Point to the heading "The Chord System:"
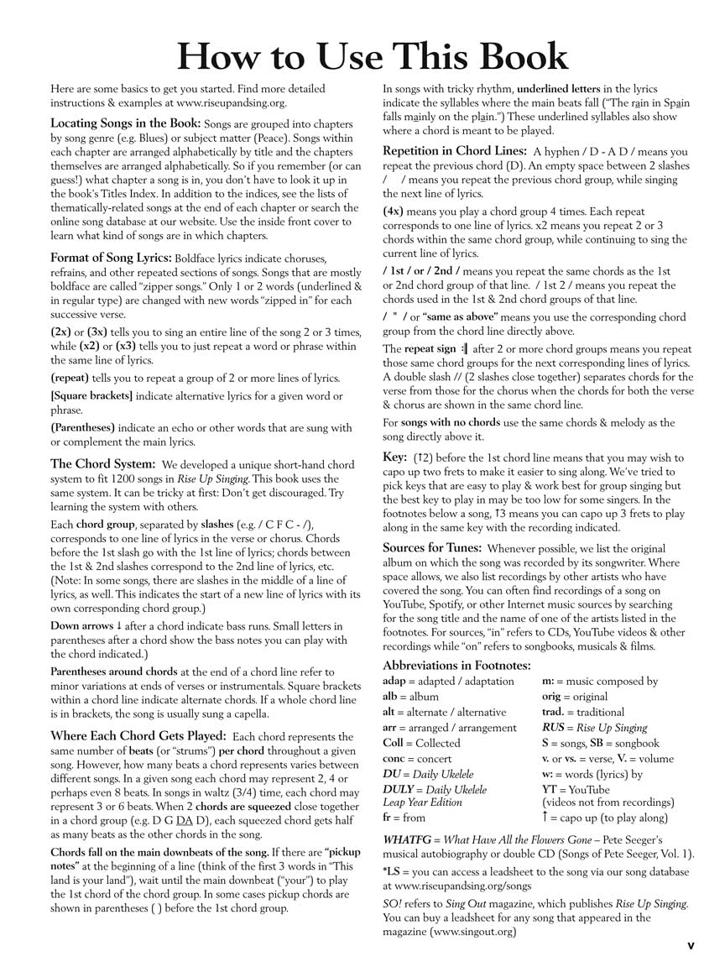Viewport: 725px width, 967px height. click(x=102, y=463)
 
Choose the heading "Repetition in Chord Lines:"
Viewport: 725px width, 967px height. click(x=454, y=151)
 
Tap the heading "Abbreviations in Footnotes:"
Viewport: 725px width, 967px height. click(x=456, y=665)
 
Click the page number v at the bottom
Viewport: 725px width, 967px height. click(x=691, y=945)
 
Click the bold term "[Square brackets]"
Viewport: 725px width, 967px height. click(x=91, y=395)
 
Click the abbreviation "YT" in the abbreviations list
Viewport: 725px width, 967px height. click(x=550, y=789)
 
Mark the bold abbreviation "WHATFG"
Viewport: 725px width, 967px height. click(x=408, y=839)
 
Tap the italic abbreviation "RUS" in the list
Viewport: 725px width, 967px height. click(x=553, y=727)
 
